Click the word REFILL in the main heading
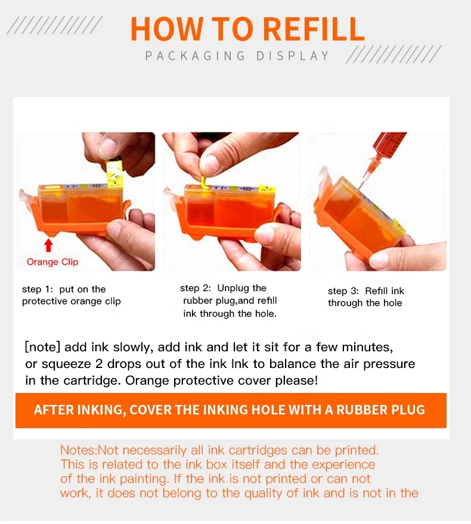pyautogui.click(x=314, y=29)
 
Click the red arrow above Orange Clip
pyautogui.click(x=49, y=245)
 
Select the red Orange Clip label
pyautogui.click(x=52, y=261)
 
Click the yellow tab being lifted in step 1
pyautogui.click(x=114, y=173)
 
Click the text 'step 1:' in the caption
pyautogui.click(x=38, y=289)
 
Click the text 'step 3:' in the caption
pyautogui.click(x=343, y=291)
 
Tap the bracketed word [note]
pyautogui.click(x=42, y=347)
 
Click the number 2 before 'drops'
pyautogui.click(x=99, y=364)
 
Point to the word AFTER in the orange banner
pyautogui.click(x=54, y=410)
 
